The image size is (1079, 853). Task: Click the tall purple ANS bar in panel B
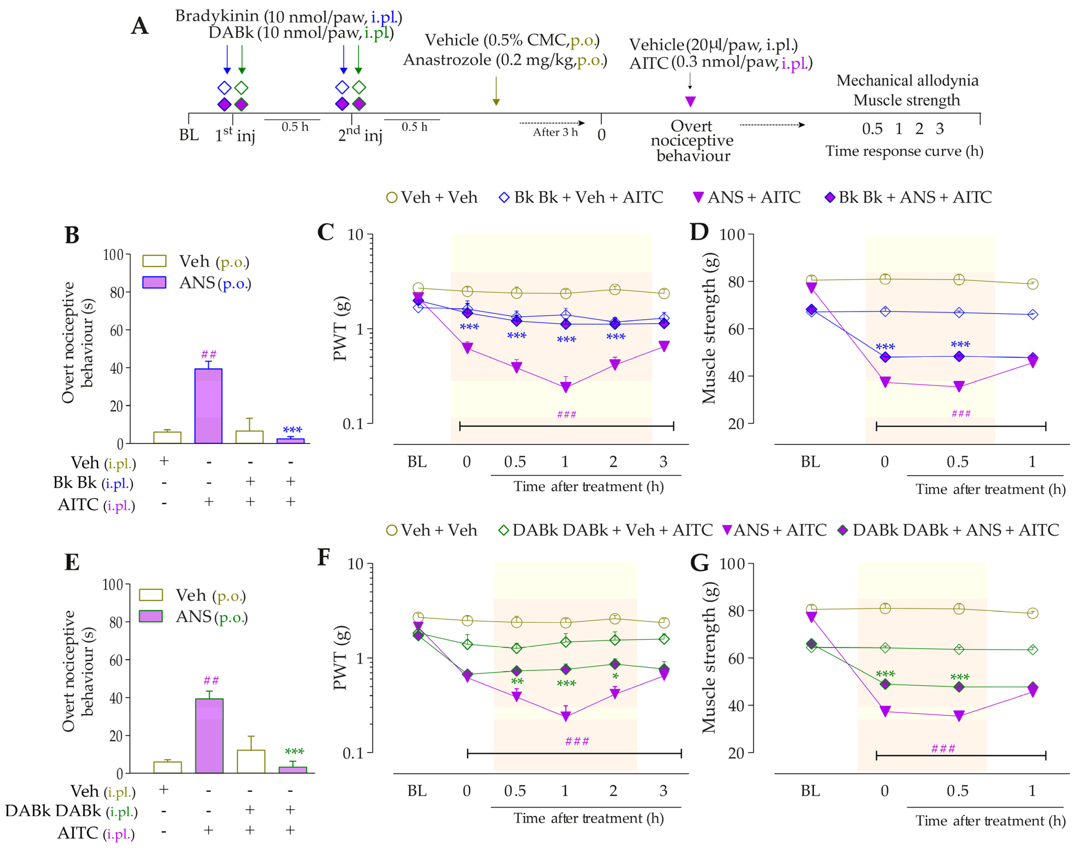pyautogui.click(x=208, y=406)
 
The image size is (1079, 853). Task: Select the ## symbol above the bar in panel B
pyautogui.click(x=209, y=355)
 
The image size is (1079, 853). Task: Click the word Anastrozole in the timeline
pyautogui.click(x=447, y=60)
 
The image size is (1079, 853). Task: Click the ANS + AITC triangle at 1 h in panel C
pyautogui.click(x=566, y=387)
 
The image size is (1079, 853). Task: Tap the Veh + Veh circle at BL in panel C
pyautogui.click(x=418, y=288)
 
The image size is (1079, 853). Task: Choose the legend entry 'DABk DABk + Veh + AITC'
pyautogui.click(x=606, y=530)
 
